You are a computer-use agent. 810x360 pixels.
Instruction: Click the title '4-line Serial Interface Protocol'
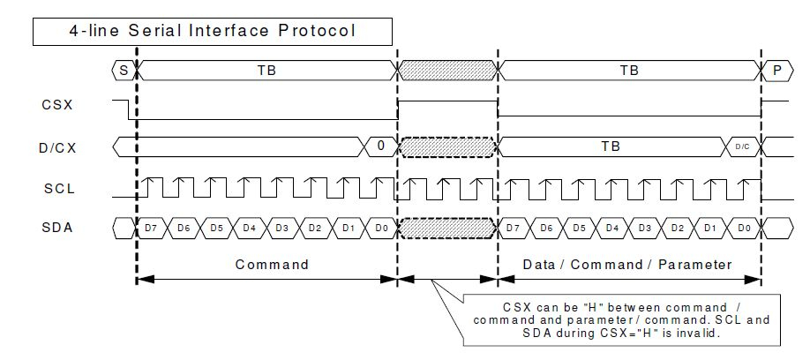pos(213,31)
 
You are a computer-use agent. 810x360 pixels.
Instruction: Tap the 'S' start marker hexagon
pos(124,71)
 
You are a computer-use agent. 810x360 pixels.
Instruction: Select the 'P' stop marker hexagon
pos(777,71)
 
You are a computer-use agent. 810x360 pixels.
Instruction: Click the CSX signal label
pos(57,105)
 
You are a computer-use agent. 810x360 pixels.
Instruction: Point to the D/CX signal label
pos(57,147)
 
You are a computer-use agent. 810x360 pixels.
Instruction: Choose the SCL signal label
pos(59,189)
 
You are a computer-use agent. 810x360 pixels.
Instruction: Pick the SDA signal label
pos(57,228)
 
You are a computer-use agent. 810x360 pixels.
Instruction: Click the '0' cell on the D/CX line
pos(380,146)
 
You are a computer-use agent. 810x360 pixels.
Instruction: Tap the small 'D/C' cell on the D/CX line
pos(742,146)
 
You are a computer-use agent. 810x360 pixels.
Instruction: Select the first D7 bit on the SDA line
pos(151,228)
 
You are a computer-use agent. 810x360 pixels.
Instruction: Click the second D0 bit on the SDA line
pos(744,228)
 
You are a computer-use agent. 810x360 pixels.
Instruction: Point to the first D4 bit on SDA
pos(250,228)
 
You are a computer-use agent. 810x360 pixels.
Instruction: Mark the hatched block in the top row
pos(447,71)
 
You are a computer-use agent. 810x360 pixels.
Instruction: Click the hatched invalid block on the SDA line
pos(447,228)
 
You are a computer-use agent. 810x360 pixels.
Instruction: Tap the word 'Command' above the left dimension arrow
pos(272,265)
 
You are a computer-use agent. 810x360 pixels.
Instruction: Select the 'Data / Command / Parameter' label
pos(627,265)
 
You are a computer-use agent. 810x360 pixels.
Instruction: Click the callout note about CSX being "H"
pos(621,320)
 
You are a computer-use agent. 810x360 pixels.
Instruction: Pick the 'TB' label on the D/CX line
pos(611,146)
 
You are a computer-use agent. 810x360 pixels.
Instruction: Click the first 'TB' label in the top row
pos(266,71)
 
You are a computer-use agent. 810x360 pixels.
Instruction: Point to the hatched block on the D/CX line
pos(447,146)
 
